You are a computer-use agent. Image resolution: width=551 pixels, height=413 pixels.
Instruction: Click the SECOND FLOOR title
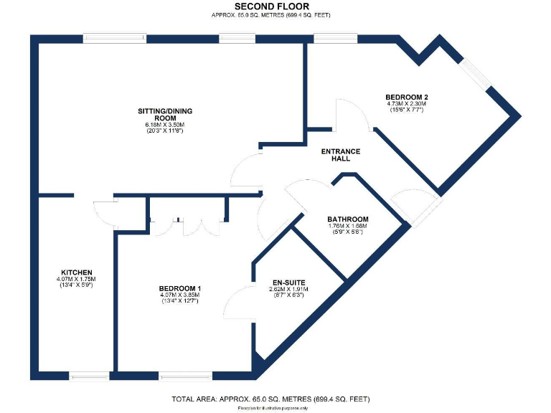tap(276, 6)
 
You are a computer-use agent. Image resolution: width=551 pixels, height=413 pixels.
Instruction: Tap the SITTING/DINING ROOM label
tap(165, 115)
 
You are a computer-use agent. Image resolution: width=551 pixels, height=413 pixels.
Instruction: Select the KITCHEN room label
tap(76, 272)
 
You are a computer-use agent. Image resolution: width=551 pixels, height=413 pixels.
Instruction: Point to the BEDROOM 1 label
tap(179, 289)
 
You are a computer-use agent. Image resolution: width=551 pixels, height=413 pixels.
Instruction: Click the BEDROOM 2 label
tap(407, 97)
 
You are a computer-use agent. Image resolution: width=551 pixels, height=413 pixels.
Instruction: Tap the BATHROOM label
tap(348, 219)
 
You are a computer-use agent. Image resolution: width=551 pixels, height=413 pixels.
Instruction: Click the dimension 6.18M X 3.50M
tap(165, 125)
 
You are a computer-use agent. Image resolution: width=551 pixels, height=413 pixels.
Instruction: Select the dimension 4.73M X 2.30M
tap(407, 104)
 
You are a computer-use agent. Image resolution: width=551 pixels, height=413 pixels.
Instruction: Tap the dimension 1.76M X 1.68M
tap(348, 227)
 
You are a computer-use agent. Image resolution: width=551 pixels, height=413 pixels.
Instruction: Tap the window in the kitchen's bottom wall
tap(90, 375)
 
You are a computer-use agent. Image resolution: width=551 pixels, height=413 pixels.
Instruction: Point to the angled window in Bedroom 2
tap(476, 72)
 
